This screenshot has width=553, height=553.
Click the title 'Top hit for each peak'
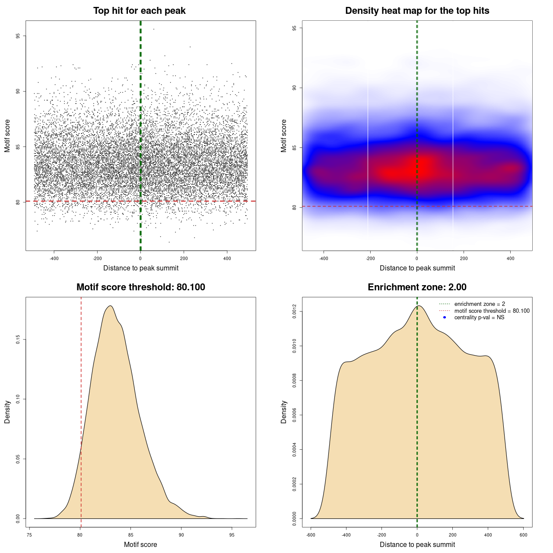(x=139, y=11)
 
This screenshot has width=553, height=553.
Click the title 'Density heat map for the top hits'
(x=417, y=11)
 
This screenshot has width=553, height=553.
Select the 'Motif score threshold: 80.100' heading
(x=140, y=287)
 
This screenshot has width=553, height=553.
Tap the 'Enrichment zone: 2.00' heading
(x=417, y=287)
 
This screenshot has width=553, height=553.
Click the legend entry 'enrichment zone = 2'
(x=480, y=304)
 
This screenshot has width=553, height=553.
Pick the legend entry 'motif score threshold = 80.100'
(x=492, y=311)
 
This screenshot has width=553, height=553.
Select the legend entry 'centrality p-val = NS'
(x=479, y=318)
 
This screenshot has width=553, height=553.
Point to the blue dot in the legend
(x=445, y=318)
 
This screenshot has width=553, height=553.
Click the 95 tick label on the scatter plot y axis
(x=18, y=36)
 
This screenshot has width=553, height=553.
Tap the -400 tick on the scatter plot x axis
(x=54, y=258)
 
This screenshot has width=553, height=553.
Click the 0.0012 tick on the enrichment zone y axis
(x=294, y=311)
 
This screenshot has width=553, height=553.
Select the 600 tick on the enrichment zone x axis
(x=524, y=535)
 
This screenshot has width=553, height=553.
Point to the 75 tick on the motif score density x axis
(x=29, y=535)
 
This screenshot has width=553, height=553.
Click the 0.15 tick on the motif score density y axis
(x=18, y=340)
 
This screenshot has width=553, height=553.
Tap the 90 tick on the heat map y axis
(x=294, y=88)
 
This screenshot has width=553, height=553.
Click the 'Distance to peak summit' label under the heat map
(x=417, y=268)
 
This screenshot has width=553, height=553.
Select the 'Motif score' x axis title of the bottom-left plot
(x=140, y=544)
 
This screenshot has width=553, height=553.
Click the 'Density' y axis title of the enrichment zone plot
(x=284, y=412)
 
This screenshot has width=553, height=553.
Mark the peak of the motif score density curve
(x=111, y=306)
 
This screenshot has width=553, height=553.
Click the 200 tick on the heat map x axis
(x=464, y=258)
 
